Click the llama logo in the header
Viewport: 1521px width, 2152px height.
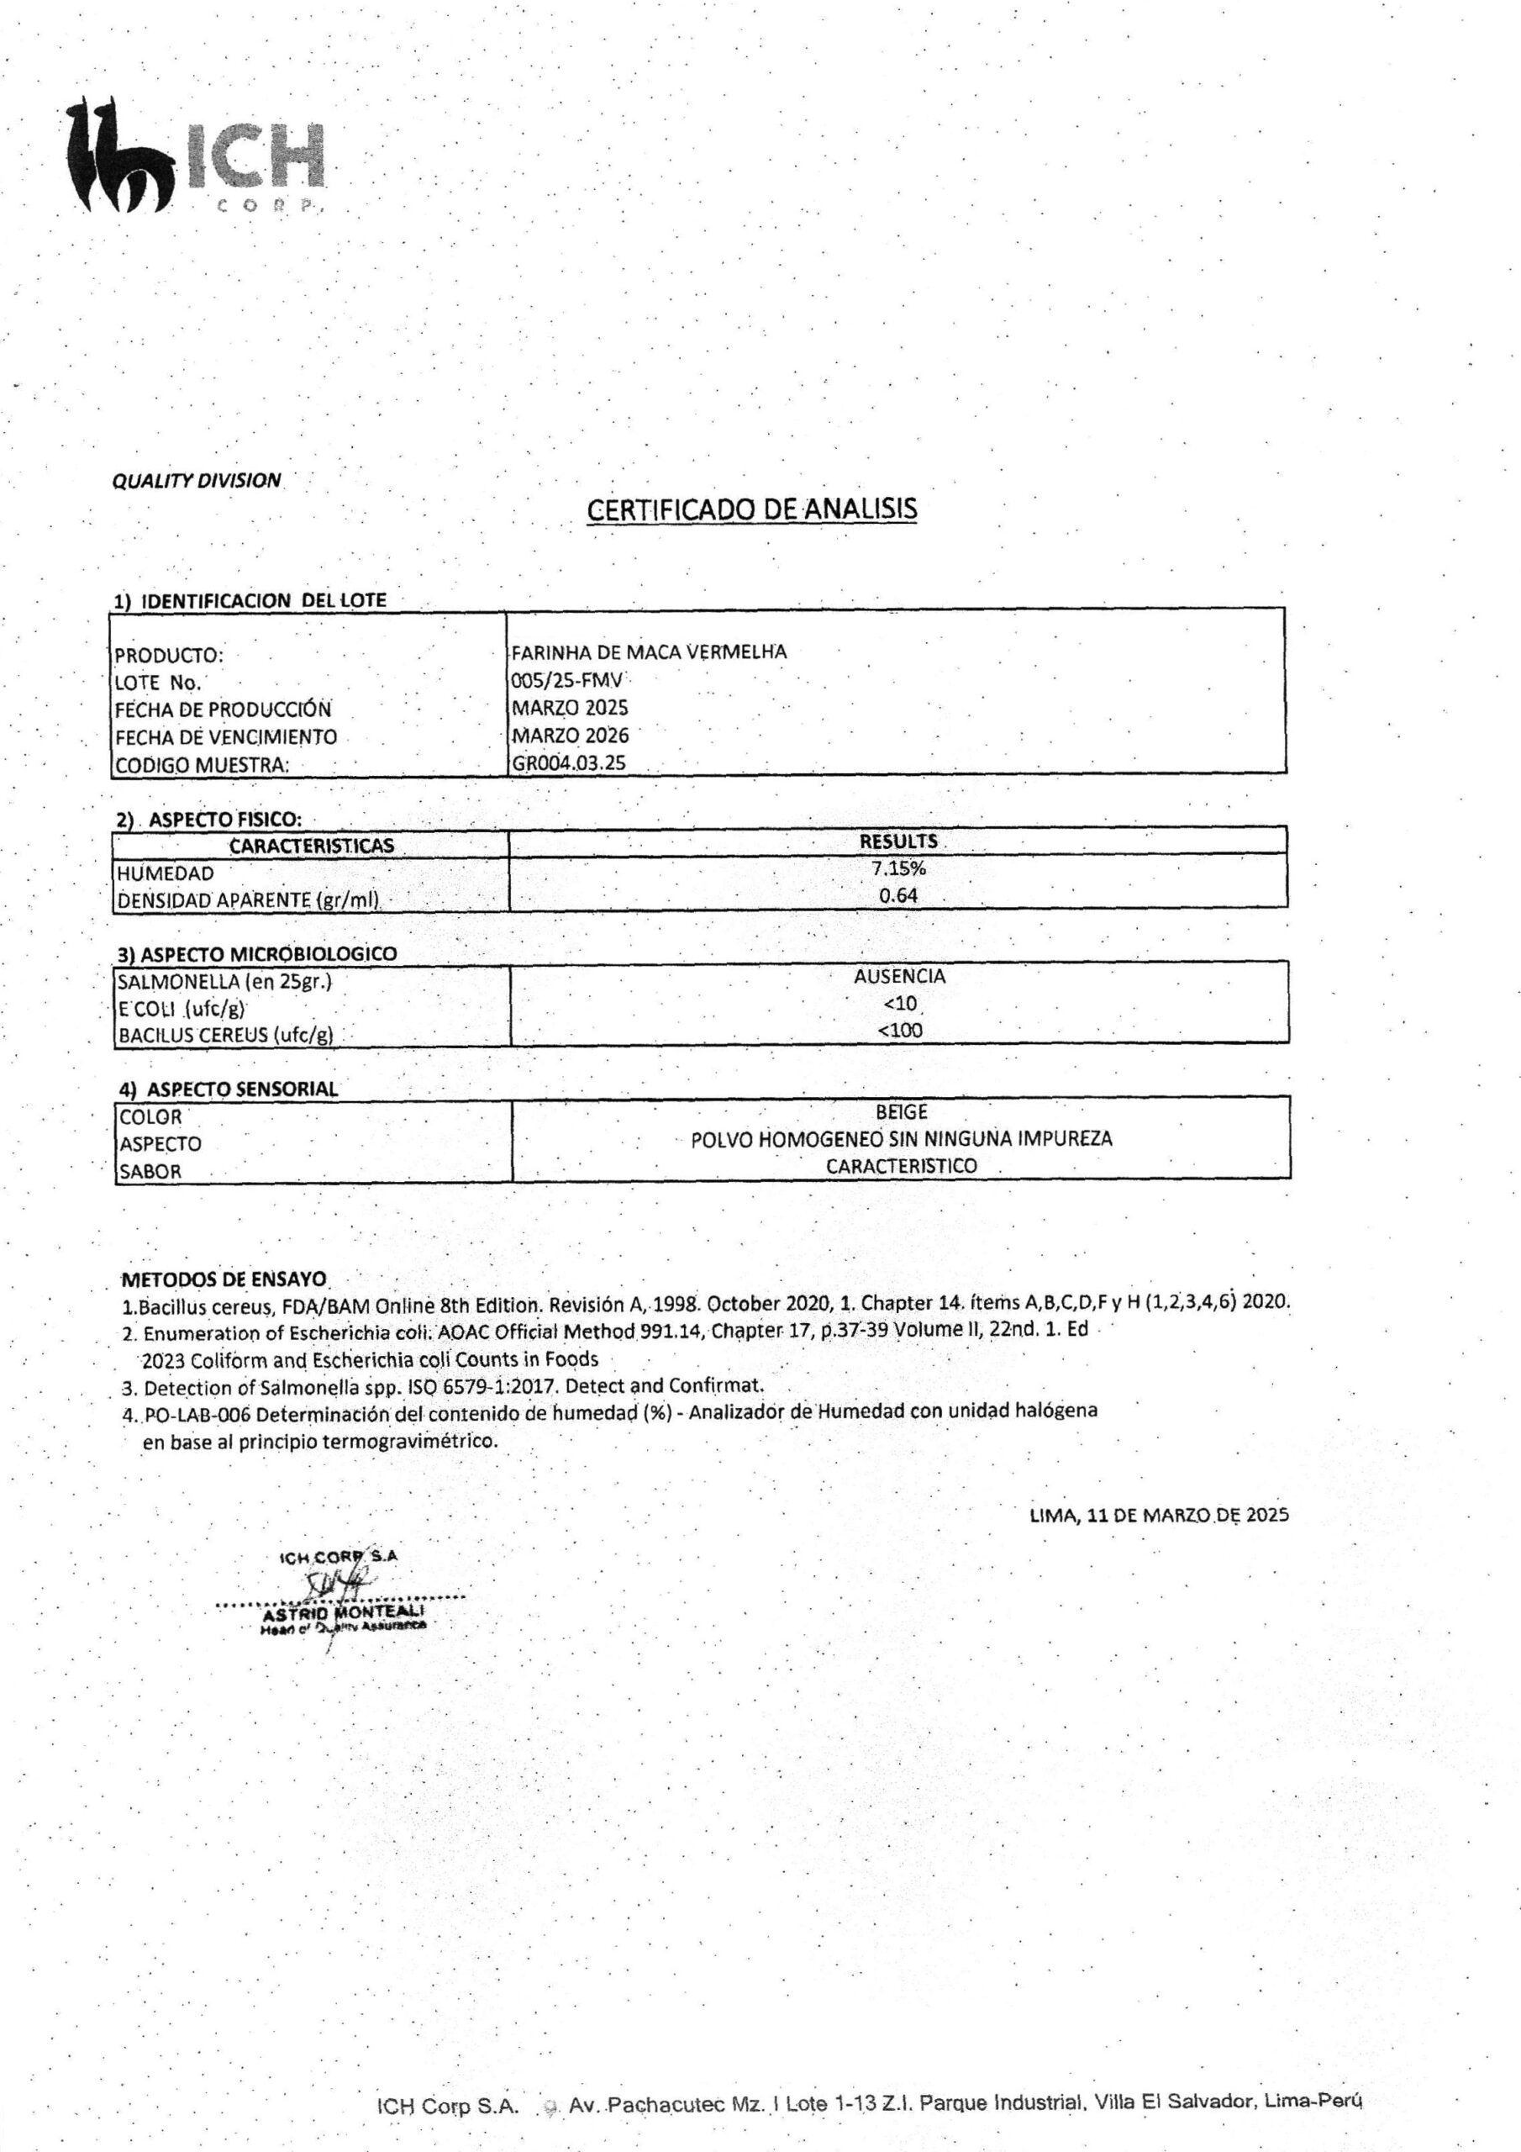[117, 155]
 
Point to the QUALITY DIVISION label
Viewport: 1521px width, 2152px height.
[196, 481]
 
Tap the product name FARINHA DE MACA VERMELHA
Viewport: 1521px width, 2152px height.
[649, 652]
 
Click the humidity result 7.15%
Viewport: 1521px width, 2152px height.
[897, 868]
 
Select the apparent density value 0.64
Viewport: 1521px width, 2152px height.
[897, 895]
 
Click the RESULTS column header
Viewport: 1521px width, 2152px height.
[897, 841]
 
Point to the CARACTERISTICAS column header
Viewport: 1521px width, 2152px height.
[311, 846]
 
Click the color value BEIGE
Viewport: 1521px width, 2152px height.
[901, 1111]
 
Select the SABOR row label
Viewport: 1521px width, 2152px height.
[150, 1171]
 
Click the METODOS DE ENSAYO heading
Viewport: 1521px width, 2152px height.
[224, 1279]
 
